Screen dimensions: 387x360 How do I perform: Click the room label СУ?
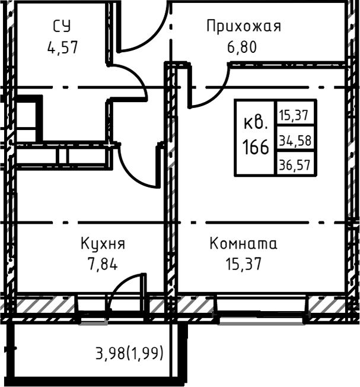tap(62, 26)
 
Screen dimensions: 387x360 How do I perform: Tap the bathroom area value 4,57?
tap(62, 47)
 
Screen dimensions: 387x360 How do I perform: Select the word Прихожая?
tap(243, 26)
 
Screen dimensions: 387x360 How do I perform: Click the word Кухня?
tap(103, 243)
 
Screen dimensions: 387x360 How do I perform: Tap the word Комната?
tap(243, 243)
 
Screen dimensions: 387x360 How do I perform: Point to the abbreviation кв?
tap(256, 124)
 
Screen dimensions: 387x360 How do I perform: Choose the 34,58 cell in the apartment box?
tap(295, 141)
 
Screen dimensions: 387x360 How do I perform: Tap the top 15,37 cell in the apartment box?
tap(295, 114)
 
